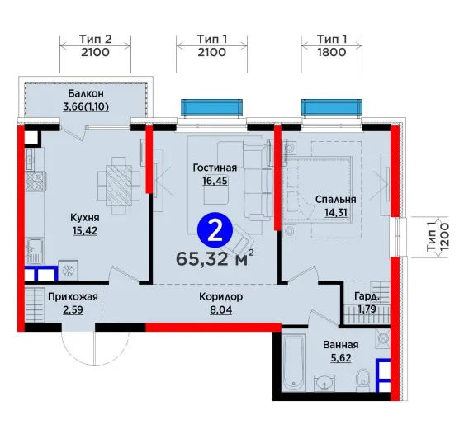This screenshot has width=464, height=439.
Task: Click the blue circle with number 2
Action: point(215,230)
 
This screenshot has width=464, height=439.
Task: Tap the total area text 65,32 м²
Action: point(215,258)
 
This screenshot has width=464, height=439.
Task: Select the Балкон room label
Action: point(86,93)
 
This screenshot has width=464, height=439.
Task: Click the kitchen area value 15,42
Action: point(85,230)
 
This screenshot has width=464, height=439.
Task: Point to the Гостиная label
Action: point(215,168)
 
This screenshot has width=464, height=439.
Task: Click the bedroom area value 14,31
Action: point(335,212)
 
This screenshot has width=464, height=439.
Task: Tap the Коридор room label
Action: point(220,297)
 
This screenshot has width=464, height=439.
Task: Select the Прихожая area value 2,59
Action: point(73,310)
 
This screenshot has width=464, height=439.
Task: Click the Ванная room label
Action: point(341,345)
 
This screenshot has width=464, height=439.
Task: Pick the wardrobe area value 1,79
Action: point(367,309)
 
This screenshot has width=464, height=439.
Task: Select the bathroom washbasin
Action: point(324,383)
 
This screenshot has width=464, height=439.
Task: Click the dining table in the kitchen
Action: point(119,186)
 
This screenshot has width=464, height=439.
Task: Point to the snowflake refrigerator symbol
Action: point(68,270)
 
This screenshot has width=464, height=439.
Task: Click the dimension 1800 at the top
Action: point(332,52)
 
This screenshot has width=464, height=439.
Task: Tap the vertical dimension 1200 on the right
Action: point(445,237)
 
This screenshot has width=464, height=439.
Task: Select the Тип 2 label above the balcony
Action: point(95,39)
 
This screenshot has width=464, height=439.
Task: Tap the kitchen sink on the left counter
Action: point(35,251)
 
